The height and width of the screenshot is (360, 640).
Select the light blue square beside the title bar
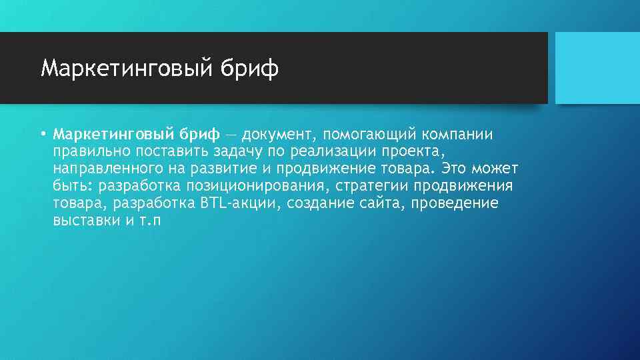597,67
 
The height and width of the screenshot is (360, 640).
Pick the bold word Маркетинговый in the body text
113,135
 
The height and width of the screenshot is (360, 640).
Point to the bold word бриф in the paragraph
199,135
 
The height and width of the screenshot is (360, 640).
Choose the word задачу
233,152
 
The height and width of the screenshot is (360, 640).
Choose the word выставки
85,221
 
